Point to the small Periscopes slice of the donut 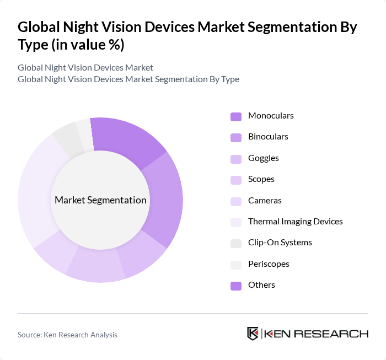tap(84, 132)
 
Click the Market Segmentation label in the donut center tap(100, 200)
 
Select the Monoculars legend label tap(271, 116)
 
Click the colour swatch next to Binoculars tap(235, 137)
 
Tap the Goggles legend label tap(264, 158)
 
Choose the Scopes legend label tap(261, 179)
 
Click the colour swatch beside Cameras tap(235, 201)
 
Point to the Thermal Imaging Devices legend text tap(296, 222)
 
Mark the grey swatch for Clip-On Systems tap(235, 243)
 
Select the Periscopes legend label tap(269, 264)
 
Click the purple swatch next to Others tap(235, 286)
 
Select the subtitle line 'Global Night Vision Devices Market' tap(85, 68)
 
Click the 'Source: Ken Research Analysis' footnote tap(67, 335)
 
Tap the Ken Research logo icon tap(253, 334)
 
